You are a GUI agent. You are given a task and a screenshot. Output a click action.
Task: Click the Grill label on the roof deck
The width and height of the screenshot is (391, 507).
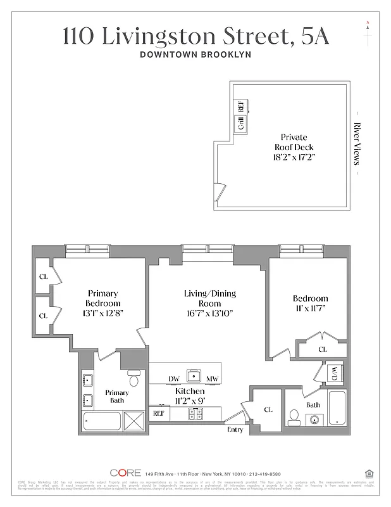pos(241,124)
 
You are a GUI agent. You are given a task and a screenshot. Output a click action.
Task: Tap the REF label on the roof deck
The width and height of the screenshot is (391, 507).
pos(241,106)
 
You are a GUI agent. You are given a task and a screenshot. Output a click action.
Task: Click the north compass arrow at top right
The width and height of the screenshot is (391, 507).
pos(367,34)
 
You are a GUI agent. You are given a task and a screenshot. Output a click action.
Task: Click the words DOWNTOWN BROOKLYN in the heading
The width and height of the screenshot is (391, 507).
pos(195,55)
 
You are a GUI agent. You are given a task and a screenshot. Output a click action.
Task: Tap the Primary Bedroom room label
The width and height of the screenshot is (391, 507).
pos(103,298)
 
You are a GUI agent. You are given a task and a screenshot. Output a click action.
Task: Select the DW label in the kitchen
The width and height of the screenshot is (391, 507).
pos(174,378)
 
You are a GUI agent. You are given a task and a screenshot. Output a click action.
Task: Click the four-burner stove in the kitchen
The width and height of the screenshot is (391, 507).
pos(195,414)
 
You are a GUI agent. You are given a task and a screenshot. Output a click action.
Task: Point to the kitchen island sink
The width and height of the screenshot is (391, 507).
pos(193,375)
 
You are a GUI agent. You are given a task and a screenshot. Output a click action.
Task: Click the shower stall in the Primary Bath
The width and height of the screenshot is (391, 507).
pos(133,422)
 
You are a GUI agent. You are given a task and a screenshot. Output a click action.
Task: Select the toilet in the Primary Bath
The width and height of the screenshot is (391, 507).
pos(133,380)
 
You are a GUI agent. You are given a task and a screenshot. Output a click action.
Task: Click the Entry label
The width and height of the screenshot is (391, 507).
pos(235,430)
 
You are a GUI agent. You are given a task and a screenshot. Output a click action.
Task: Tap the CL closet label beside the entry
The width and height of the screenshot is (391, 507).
pos(268,410)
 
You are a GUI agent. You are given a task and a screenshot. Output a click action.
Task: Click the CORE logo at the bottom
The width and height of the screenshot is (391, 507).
pos(125,473)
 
